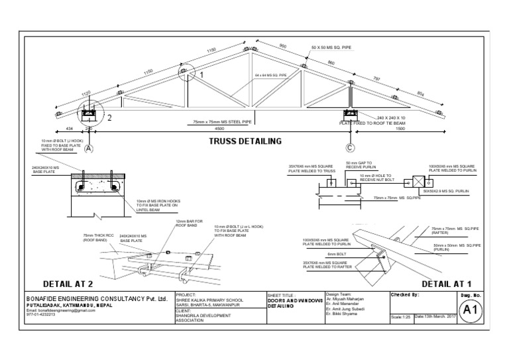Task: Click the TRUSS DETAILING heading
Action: point(245,141)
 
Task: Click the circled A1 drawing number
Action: point(469,310)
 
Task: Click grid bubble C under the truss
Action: point(348,149)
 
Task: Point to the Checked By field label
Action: point(405,294)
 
